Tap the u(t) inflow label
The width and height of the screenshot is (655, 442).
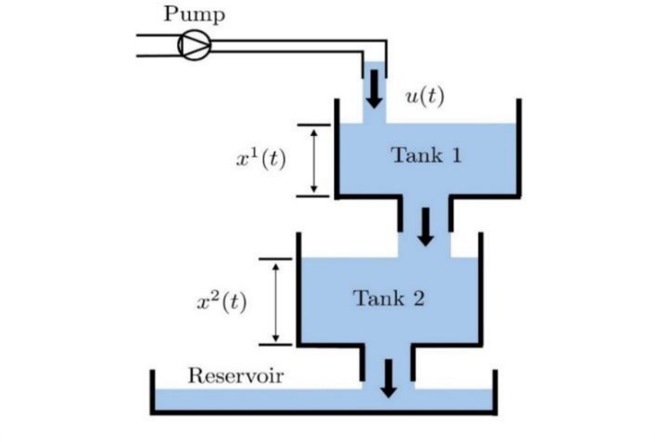(425, 96)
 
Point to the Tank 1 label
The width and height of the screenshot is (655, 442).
(426, 155)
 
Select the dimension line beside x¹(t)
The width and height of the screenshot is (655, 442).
(313, 160)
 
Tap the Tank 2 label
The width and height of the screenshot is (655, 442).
(389, 297)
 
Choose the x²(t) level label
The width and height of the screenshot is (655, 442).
(221, 301)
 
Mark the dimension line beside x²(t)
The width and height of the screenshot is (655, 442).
(276, 301)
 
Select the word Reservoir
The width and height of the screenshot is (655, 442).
(236, 376)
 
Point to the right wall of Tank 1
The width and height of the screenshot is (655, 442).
(518, 148)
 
